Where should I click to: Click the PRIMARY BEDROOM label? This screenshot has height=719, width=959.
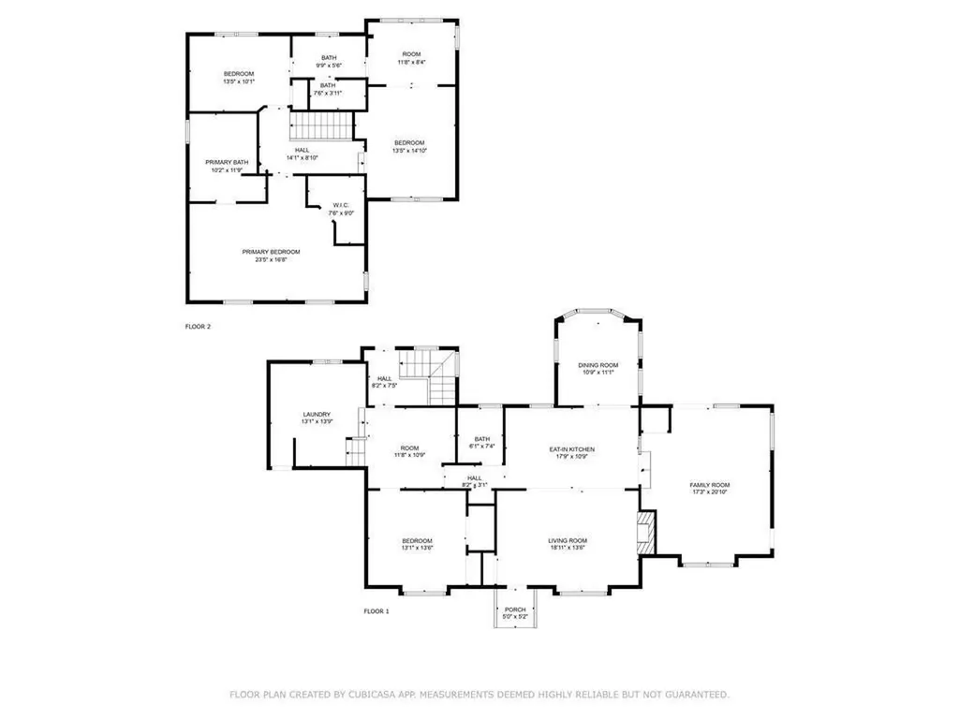click(x=271, y=252)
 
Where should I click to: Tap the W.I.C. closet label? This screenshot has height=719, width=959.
click(x=338, y=205)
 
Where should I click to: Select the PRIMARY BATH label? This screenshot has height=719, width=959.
click(x=227, y=162)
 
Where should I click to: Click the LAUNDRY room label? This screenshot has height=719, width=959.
click(x=317, y=415)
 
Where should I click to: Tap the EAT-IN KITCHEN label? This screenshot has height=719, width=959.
click(x=571, y=449)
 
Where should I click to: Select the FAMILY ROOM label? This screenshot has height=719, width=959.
click(x=709, y=485)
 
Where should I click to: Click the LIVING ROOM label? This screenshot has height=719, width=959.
click(x=567, y=540)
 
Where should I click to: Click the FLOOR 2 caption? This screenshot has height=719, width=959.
click(x=199, y=327)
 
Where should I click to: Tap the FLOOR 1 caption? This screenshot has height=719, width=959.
click(x=376, y=611)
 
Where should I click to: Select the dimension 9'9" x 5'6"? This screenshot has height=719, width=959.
click(x=328, y=65)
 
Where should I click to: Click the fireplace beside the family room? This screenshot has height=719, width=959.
click(x=645, y=532)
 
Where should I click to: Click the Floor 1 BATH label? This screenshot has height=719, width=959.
click(x=481, y=438)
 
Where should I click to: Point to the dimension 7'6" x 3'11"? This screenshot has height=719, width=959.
click(x=328, y=93)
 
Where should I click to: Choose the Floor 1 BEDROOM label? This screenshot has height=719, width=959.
click(x=417, y=540)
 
